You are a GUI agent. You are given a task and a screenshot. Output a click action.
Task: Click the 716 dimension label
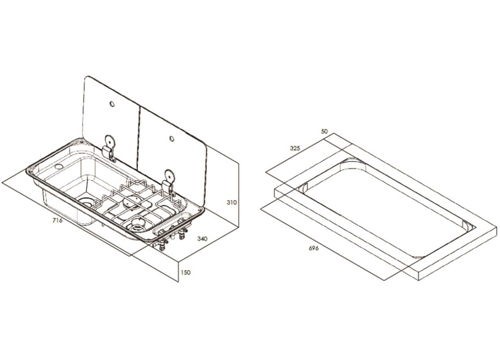click(x=57, y=221)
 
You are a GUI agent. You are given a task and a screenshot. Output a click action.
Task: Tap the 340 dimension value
click(x=202, y=238)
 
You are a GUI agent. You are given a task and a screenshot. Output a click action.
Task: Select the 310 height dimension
click(x=232, y=202)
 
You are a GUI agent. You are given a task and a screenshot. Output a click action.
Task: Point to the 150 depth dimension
click(x=185, y=272)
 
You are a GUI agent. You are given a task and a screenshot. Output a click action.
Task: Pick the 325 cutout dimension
click(x=295, y=148)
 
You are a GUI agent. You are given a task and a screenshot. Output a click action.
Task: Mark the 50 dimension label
click(x=324, y=131)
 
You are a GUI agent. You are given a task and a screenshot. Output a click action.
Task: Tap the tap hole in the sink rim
click(x=59, y=167)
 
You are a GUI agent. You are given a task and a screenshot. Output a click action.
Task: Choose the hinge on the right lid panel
click(x=168, y=182)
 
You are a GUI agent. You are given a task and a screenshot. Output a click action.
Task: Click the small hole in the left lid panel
click(x=112, y=104)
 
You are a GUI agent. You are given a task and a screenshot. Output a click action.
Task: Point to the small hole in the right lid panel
click(x=172, y=138)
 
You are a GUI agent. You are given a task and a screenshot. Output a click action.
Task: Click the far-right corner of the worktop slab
click(x=497, y=227)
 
